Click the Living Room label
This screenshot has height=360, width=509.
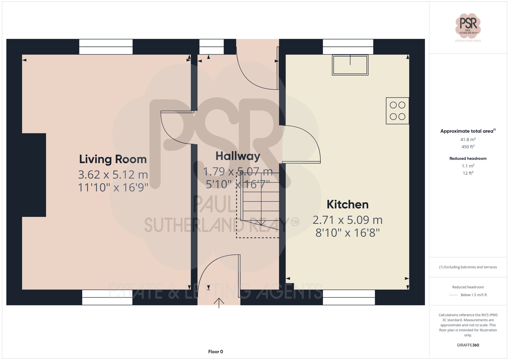point(113,159)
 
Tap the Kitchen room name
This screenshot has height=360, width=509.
point(347,205)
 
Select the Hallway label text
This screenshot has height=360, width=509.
point(238,156)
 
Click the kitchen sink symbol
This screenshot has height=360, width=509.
point(350,65)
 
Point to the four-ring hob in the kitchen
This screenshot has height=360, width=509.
point(397,111)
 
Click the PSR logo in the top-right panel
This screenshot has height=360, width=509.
point(468,26)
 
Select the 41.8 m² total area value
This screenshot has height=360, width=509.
point(468,139)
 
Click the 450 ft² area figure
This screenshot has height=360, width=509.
point(468,147)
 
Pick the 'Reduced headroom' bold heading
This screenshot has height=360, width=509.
point(468,158)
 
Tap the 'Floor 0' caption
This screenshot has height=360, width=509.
point(215,352)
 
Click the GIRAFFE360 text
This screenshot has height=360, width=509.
point(468,345)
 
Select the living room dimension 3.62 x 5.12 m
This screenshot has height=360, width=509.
point(113,175)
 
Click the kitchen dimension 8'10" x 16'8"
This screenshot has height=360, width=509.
point(347,233)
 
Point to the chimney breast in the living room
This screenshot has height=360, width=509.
point(34,175)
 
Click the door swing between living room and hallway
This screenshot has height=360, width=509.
point(173,128)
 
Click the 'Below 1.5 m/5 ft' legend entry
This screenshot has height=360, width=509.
point(473,295)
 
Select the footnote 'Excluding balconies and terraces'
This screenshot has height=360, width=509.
point(468,267)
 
